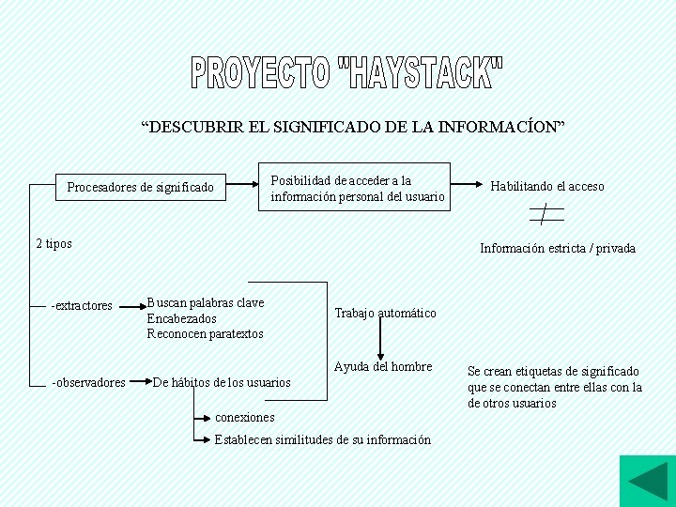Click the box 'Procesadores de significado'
140,188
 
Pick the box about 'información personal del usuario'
356,188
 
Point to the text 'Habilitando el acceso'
547,186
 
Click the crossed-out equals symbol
545,214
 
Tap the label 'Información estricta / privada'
558,249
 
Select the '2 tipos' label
54,244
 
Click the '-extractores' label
82,305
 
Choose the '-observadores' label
88,382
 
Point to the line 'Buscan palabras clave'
206,303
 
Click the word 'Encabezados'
181,318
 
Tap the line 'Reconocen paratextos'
205,333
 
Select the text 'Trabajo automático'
385,313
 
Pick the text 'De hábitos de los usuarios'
222,382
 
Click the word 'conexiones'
245,417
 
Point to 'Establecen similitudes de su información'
323,439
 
